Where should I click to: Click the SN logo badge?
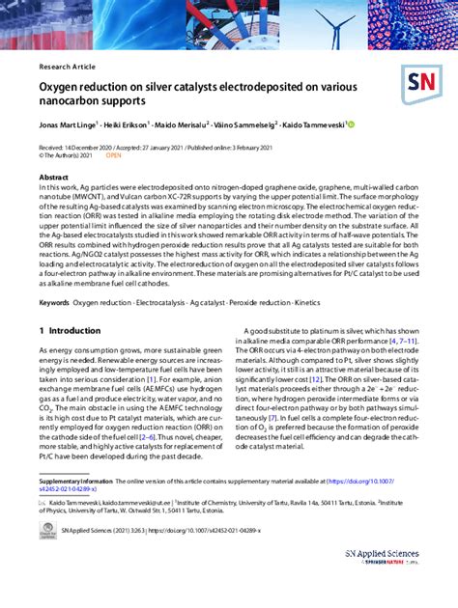[x=423, y=84]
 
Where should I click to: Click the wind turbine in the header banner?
[x=342, y=24]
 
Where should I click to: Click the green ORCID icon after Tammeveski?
[x=352, y=124]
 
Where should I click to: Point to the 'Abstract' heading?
[x=53, y=178]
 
